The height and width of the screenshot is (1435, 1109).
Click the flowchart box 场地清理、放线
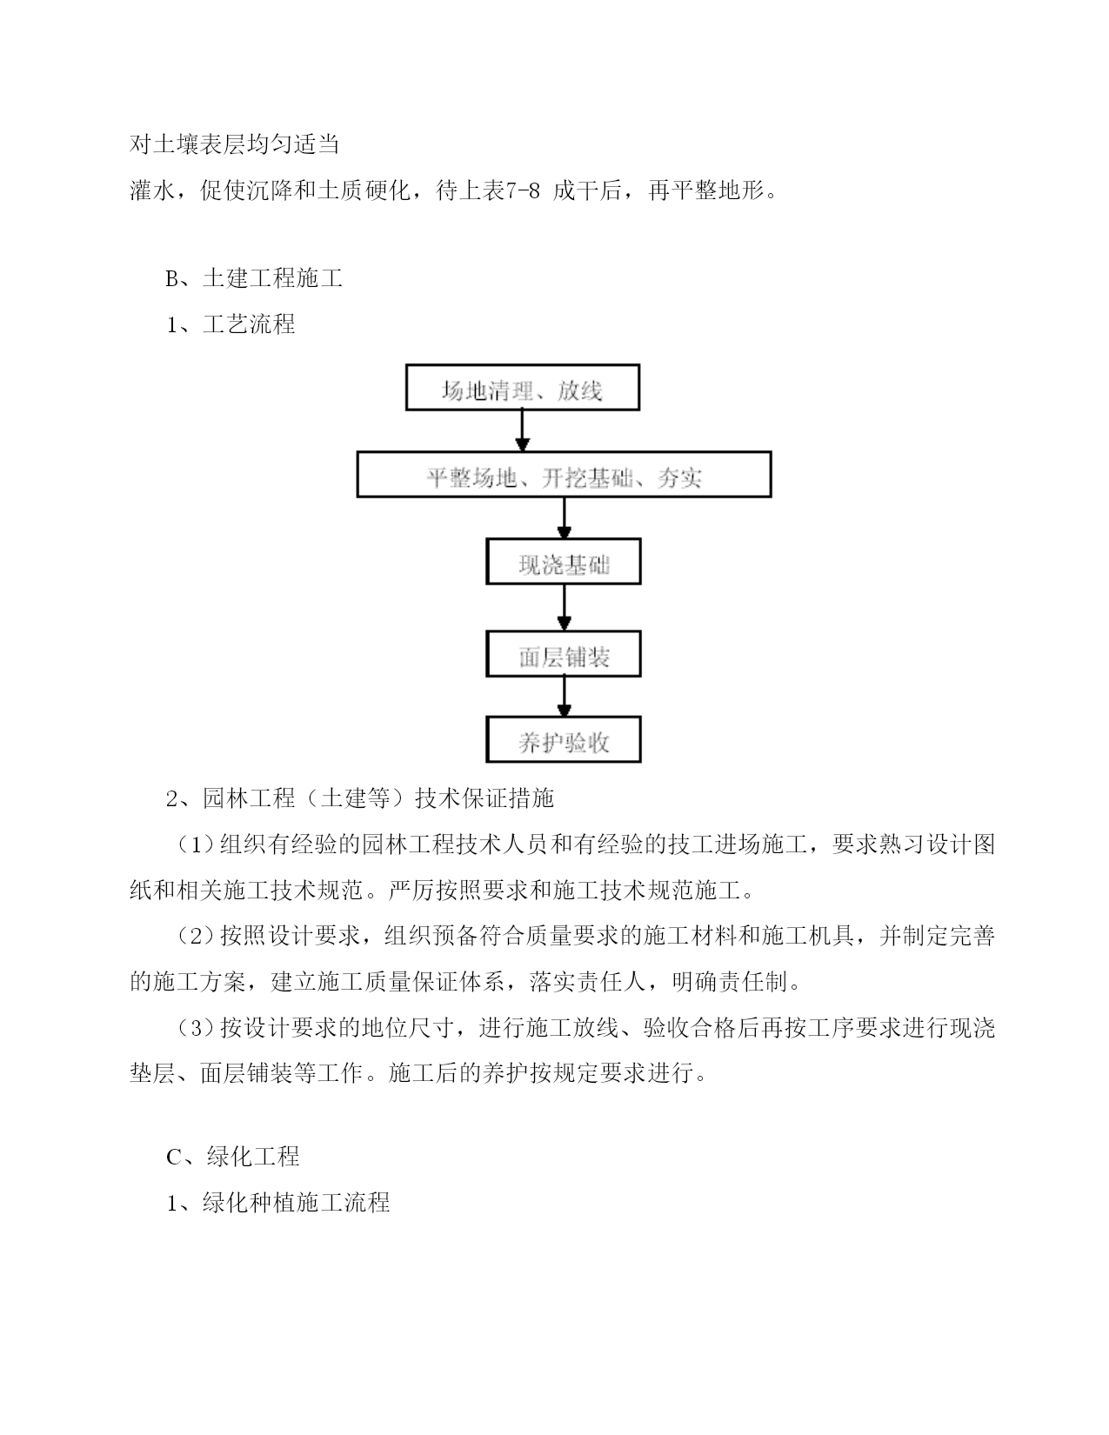tap(523, 388)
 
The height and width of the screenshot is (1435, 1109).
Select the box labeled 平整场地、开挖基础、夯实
tap(565, 474)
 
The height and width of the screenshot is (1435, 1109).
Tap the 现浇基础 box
tap(564, 561)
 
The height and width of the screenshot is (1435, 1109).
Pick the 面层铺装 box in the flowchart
tap(564, 654)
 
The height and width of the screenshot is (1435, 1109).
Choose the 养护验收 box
tap(564, 739)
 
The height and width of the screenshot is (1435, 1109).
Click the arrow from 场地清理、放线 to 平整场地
tap(523, 430)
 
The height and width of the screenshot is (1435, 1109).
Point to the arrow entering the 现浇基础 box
tap(565, 517)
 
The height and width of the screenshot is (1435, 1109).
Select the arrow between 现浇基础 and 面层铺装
tap(565, 608)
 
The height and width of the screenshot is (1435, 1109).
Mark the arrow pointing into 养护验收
tap(565, 697)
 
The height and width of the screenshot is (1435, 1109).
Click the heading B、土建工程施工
tap(254, 278)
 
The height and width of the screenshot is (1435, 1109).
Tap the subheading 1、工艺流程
tap(230, 324)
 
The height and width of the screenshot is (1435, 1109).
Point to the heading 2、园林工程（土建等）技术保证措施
tap(359, 798)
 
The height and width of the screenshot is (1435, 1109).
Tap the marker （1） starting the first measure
tap(197, 844)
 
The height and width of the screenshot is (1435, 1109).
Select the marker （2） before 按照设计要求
tap(197, 936)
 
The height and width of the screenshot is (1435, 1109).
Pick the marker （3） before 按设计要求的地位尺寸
tap(197, 1028)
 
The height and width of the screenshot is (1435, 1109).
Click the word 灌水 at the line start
tap(152, 190)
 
